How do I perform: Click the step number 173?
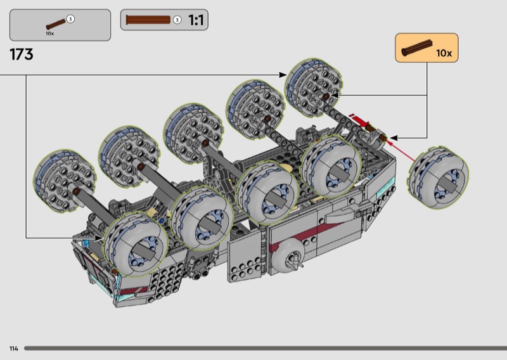22,55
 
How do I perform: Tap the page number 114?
13,349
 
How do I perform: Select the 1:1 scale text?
196,20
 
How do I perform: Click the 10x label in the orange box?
444,53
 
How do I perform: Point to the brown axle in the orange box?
417,48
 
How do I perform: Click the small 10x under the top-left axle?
50,34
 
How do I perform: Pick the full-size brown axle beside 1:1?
148,20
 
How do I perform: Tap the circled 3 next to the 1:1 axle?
177,20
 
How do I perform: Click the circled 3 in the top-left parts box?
70,19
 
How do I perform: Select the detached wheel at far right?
438,177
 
